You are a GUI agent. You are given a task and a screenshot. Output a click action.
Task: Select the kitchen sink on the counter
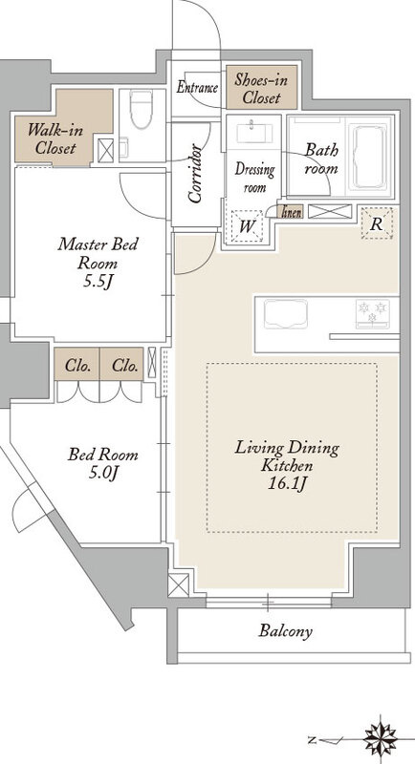pos(286,314)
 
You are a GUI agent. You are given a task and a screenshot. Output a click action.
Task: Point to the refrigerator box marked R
pos(377,223)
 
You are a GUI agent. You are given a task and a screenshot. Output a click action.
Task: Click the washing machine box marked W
pos(248,226)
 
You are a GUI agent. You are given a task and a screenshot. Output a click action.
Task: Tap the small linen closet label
pos(291,212)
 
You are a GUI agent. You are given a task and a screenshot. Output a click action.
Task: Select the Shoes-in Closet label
pos(262,89)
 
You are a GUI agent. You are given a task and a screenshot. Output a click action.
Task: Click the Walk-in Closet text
pos(55,138)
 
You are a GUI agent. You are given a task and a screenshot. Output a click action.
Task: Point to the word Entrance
pos(197,88)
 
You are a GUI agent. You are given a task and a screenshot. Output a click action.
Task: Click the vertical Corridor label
pos(195,173)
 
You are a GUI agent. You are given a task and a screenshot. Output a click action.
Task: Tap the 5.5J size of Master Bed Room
pos(98,282)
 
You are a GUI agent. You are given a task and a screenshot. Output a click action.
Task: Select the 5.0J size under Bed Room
pos(104,473)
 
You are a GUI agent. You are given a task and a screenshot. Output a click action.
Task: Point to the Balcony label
pos(285,631)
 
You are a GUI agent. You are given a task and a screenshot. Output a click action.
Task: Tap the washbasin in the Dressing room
pos(254,133)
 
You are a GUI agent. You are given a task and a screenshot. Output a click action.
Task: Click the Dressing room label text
pos(254,179)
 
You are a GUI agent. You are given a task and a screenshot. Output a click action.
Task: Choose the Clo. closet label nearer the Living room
pos(124,366)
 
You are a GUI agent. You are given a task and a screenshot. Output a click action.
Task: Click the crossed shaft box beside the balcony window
pos(178,584)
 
